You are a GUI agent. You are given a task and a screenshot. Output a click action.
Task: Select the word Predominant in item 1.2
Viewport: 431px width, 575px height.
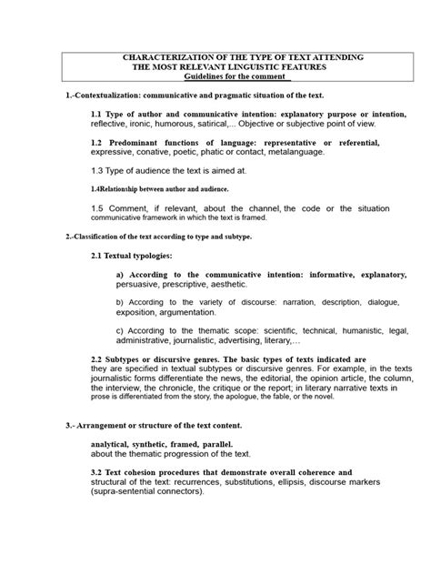point(145,143)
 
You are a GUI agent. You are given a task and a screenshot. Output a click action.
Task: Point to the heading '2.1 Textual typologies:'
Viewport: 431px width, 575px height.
point(138,256)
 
